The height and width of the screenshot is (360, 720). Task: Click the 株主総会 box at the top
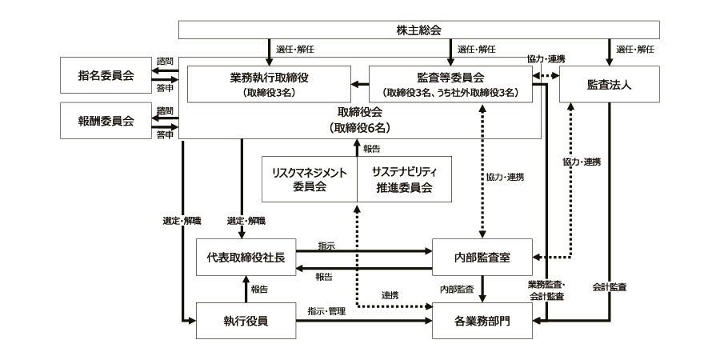click(418, 30)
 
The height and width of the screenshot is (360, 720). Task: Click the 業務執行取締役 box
click(269, 84)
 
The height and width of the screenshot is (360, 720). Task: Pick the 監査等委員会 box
click(450, 84)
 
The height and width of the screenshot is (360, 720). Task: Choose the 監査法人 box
click(609, 84)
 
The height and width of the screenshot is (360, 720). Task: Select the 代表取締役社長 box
click(246, 258)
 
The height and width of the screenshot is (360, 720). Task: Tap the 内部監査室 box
click(482, 258)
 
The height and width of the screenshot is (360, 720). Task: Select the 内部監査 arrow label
click(457, 286)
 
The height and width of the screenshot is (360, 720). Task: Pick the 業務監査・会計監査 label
click(546, 290)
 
